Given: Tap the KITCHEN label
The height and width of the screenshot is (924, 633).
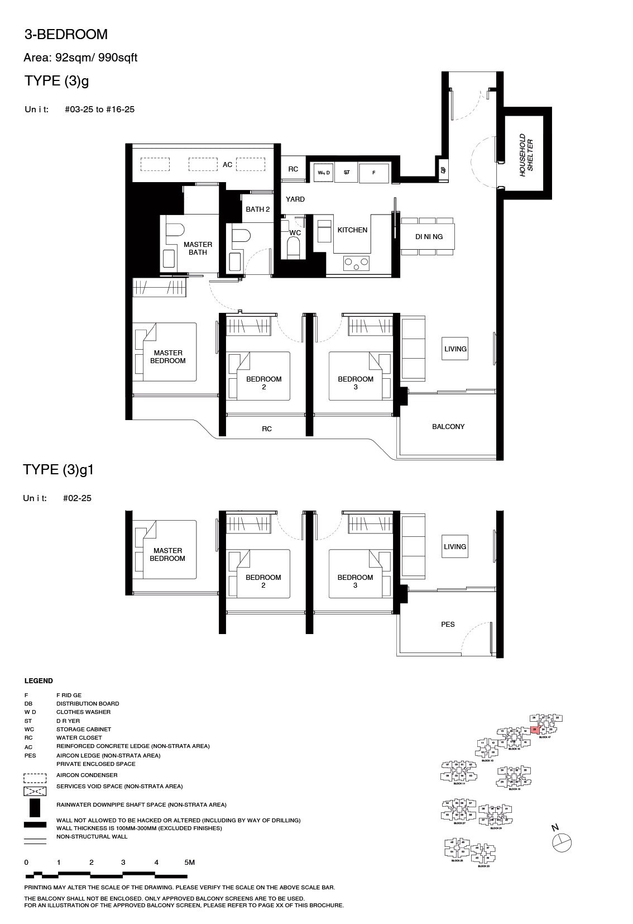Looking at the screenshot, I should point(352,230).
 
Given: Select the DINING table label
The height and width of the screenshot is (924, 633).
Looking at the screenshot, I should point(429,237).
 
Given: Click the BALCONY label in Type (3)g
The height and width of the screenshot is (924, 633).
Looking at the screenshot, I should point(448,427).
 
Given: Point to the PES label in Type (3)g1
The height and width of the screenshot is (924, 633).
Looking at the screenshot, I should point(448,625).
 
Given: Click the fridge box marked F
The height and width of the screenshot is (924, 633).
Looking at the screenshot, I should point(374,173).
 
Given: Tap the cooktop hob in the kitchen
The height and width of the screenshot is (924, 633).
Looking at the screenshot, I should point(357,262).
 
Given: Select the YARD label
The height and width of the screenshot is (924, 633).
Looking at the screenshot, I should point(295,199).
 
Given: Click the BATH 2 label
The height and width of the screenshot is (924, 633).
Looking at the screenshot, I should point(258,209).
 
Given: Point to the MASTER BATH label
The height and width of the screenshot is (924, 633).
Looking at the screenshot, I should point(198,249).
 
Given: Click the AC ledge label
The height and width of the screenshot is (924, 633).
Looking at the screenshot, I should point(227,165).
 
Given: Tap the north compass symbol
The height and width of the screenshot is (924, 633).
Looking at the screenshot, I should point(562,842).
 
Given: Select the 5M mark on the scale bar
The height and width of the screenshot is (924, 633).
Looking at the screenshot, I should point(190,863).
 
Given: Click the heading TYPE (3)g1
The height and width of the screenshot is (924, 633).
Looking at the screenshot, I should point(59,470).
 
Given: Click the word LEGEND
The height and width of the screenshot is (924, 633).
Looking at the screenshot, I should point(39,681).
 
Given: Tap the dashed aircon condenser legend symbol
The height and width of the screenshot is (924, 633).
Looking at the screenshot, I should point(35,778).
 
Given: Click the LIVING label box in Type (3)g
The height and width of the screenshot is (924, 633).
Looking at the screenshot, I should point(455,349).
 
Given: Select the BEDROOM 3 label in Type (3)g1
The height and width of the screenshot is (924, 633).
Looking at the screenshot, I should point(355,582).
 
